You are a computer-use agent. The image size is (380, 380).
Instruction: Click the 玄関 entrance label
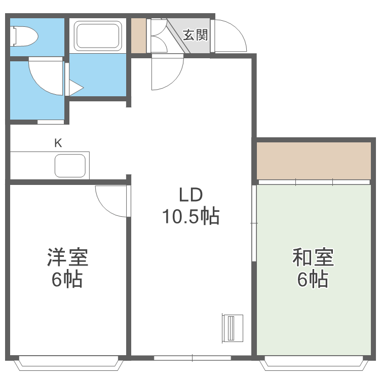point(195,35)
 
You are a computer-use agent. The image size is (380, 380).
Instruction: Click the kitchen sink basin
point(70,165)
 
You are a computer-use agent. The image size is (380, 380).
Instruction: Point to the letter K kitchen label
point(58,143)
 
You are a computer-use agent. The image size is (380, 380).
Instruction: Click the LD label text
point(191,195)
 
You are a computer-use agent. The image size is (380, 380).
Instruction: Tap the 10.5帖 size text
point(191,217)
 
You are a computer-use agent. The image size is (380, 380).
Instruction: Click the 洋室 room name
point(67,257)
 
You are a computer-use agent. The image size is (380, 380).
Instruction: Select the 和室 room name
point(313,257)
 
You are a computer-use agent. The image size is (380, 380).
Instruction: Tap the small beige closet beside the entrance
point(138,35)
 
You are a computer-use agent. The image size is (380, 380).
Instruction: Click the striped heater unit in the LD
point(233,328)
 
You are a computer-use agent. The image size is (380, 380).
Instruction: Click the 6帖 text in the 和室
point(313,279)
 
